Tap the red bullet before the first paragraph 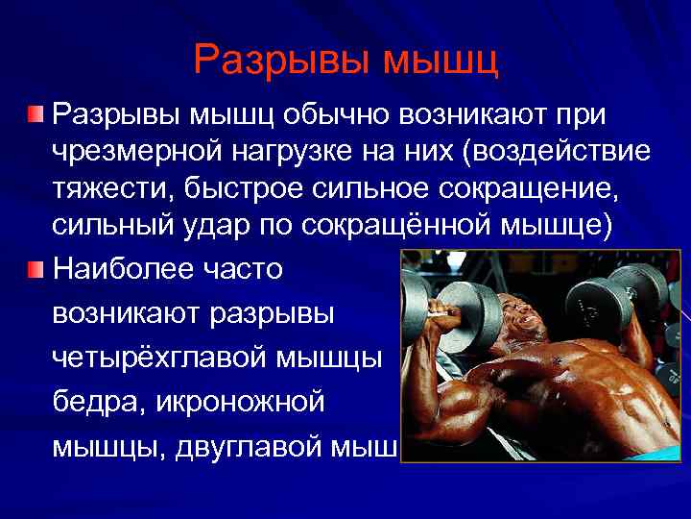pyautogui.click(x=36, y=116)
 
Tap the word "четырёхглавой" pyautogui.click(x=157, y=358)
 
